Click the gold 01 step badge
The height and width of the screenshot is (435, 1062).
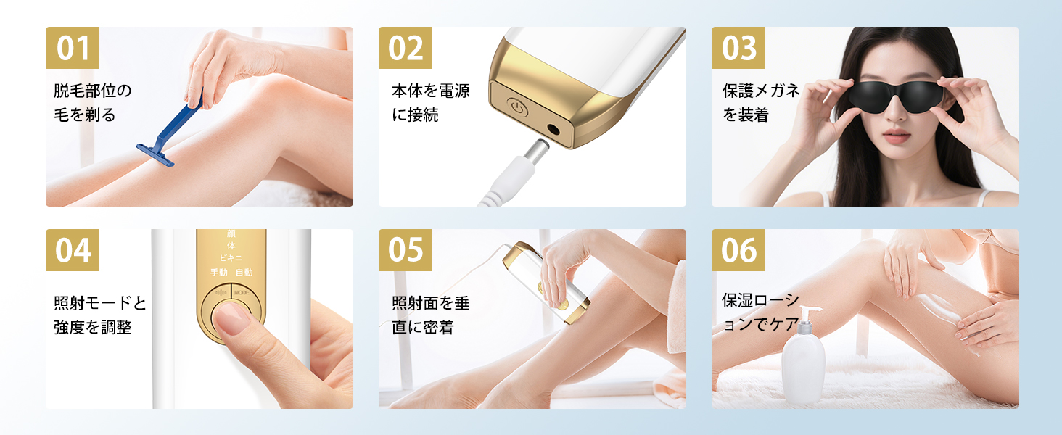pyautogui.click(x=73, y=48)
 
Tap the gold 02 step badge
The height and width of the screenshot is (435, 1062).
pyautogui.click(x=406, y=48)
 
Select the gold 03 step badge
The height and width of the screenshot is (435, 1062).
pyautogui.click(x=738, y=48)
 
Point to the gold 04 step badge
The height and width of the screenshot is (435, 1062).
pyautogui.click(x=73, y=250)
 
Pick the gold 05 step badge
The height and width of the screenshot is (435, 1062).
pyautogui.click(x=406, y=250)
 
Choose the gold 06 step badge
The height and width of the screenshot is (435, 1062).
pyautogui.click(x=738, y=250)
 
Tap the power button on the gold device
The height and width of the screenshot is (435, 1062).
pyautogui.click(x=515, y=108)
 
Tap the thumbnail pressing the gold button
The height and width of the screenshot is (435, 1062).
pyautogui.click(x=232, y=318)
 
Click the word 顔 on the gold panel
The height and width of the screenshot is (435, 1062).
pyautogui.click(x=231, y=235)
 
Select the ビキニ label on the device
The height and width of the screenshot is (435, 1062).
pyautogui.click(x=231, y=258)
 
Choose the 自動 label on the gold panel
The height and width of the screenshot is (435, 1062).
pyautogui.click(x=244, y=273)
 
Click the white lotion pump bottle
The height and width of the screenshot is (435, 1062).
pyautogui.click(x=804, y=366)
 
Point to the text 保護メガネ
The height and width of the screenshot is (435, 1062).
pyautogui.click(x=761, y=91)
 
